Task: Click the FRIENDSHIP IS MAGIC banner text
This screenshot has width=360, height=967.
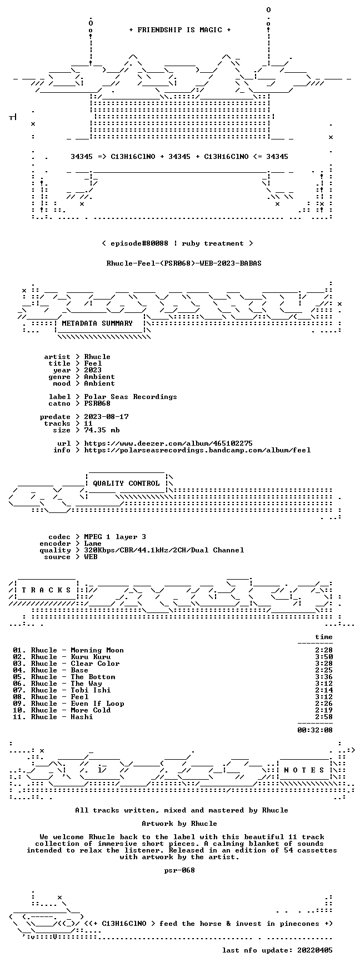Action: [179, 30]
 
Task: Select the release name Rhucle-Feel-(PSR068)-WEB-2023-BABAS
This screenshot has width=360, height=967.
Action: [184, 263]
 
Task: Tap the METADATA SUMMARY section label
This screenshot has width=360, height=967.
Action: [97, 323]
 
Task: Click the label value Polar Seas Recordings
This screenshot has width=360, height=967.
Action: [131, 397]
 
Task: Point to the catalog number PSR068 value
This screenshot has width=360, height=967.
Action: [97, 403]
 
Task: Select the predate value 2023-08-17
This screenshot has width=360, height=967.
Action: [106, 417]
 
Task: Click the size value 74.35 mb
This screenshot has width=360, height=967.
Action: [102, 430]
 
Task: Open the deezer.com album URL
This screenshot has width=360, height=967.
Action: [168, 443]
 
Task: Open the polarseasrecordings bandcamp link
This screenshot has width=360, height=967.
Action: [197, 450]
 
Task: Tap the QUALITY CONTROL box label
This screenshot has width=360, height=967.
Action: [126, 483]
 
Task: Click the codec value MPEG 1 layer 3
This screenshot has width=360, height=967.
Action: [115, 537]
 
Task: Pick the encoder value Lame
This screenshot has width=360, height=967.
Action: [93, 544]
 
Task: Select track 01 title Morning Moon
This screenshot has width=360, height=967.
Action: [97, 650]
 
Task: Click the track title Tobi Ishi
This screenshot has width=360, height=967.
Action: [91, 690]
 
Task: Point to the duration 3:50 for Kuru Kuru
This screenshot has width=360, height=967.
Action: [324, 657]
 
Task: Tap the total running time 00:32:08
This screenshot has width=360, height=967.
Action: [315, 730]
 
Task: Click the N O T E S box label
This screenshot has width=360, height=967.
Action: [304, 770]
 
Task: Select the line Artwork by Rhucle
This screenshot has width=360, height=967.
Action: [179, 824]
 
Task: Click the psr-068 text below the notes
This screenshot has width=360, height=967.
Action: [179, 870]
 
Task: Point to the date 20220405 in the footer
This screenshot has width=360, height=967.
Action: [315, 950]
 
